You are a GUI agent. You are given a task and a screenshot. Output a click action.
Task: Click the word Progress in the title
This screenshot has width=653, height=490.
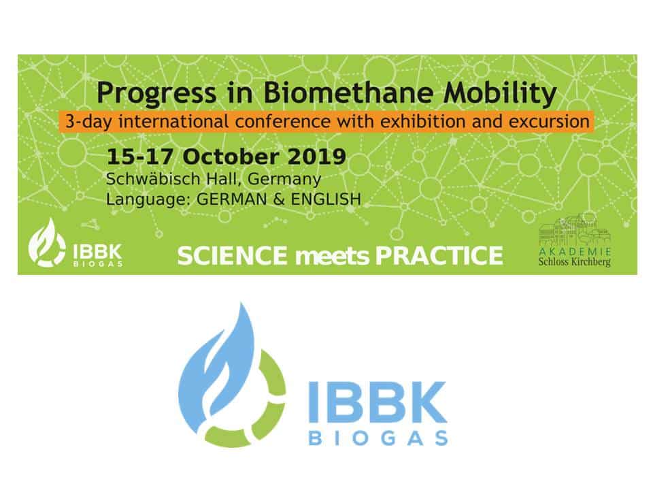[156, 93]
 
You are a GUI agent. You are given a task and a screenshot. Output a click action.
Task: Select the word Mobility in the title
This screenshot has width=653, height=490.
[500, 93]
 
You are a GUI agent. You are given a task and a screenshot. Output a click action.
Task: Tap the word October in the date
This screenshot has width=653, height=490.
[231, 157]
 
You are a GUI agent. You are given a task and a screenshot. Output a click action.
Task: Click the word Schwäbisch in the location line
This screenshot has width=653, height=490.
[153, 179]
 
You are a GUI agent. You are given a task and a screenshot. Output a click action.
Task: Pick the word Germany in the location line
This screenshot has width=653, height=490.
[284, 180]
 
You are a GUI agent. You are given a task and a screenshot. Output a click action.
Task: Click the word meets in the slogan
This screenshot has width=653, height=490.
[332, 257]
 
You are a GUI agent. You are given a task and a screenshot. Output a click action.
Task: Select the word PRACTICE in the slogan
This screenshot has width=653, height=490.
[439, 255]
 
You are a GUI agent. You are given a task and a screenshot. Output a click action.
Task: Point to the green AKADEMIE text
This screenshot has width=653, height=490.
[575, 251]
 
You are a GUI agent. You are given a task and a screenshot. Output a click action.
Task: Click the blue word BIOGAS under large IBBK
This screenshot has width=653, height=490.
[378, 438]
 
